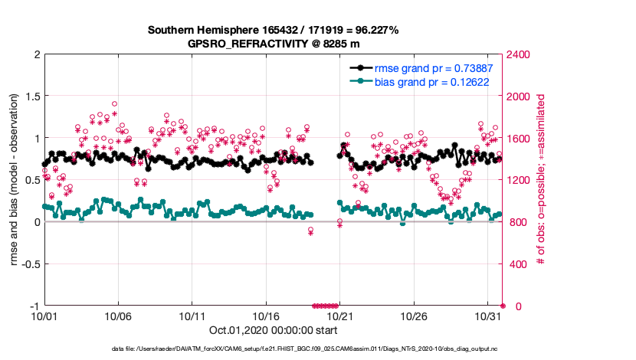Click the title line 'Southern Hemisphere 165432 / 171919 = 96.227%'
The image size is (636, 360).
pyautogui.click(x=273, y=31)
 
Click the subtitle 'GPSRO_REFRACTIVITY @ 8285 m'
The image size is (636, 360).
pyautogui.click(x=274, y=44)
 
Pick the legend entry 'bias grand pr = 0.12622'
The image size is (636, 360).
pyautogui.click(x=433, y=80)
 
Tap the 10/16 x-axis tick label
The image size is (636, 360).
pyautogui.click(x=265, y=316)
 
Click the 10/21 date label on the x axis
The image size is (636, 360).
pyautogui.click(x=339, y=316)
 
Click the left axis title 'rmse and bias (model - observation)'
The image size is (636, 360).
pyautogui.click(x=15, y=180)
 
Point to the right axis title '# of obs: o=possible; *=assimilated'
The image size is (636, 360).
pyautogui.click(x=541, y=180)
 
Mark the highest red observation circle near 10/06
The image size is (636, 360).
pyautogui.click(x=115, y=103)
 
